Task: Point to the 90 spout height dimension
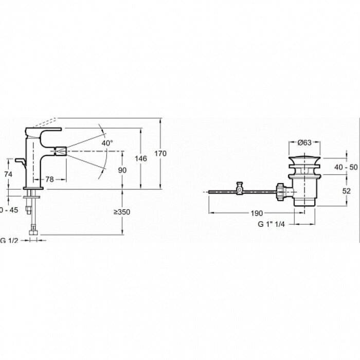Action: coord(122,170)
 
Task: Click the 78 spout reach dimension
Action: coord(50,179)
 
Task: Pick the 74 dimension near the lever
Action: coord(7,174)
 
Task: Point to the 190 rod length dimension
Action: coord(258,213)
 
